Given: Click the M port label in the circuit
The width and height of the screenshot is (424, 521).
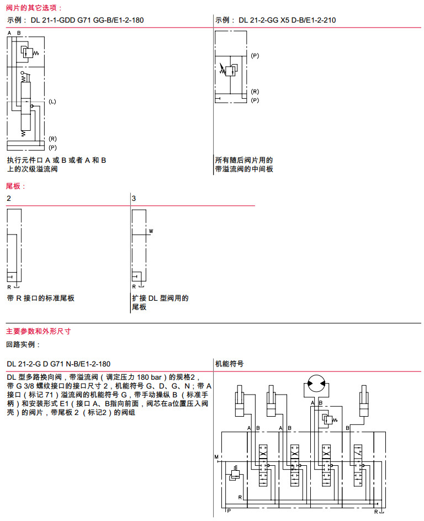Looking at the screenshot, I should [216, 457].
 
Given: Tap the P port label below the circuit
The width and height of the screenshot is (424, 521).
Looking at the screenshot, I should [229, 512].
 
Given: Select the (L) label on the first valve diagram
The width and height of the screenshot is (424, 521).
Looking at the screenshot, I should [52, 102].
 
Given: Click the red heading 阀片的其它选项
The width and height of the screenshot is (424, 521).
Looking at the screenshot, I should [34, 8].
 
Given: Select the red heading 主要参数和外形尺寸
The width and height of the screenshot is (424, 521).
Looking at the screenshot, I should [38, 332].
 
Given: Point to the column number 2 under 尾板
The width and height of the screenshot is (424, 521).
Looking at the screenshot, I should [9, 198].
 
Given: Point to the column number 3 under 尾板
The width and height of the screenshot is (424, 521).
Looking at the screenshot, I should [134, 198].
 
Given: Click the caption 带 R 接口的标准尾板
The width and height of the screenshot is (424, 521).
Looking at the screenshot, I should [41, 298].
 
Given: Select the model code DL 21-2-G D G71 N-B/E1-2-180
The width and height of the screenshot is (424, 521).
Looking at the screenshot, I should [59, 364].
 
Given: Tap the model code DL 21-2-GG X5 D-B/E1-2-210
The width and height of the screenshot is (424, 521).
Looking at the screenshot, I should [287, 20].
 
